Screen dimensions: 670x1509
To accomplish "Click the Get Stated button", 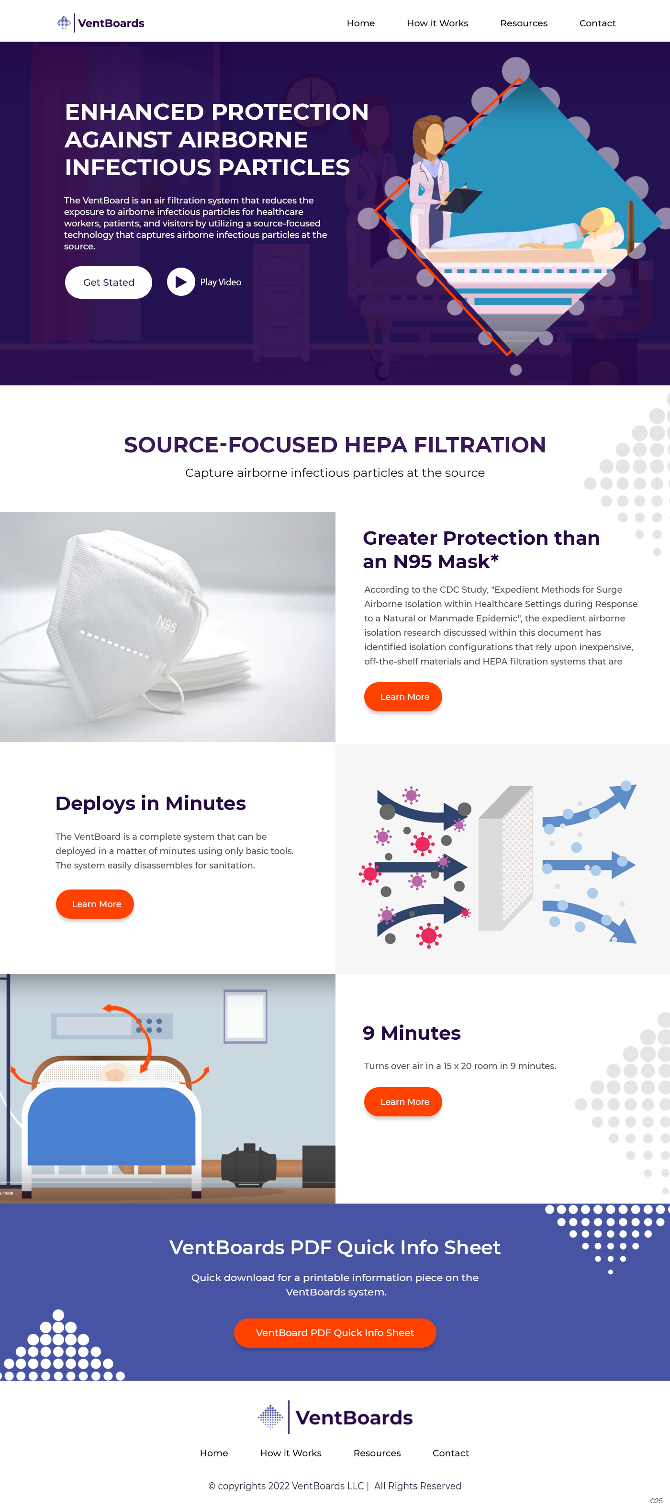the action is tap(108, 282).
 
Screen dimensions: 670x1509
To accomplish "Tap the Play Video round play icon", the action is tap(181, 282).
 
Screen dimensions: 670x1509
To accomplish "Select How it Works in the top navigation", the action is tap(437, 23).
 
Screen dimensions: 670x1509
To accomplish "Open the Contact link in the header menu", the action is tap(597, 23).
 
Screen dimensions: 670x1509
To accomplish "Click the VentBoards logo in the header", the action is tap(100, 23).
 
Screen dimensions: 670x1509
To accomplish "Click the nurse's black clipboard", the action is tap(461, 200).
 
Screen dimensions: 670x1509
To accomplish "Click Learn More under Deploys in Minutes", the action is tap(95, 904).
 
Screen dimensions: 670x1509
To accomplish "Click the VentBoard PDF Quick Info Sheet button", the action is tap(335, 1333).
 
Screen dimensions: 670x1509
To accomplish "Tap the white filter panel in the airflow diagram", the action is tap(505, 859).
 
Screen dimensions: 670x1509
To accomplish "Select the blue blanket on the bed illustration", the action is tap(112, 1126).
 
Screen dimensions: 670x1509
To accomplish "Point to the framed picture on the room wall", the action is tap(246, 1016).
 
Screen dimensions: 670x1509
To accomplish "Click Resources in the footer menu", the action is tap(377, 1453).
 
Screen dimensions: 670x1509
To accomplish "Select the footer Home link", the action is tap(214, 1453).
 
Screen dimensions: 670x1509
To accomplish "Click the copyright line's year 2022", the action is tap(279, 1486).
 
